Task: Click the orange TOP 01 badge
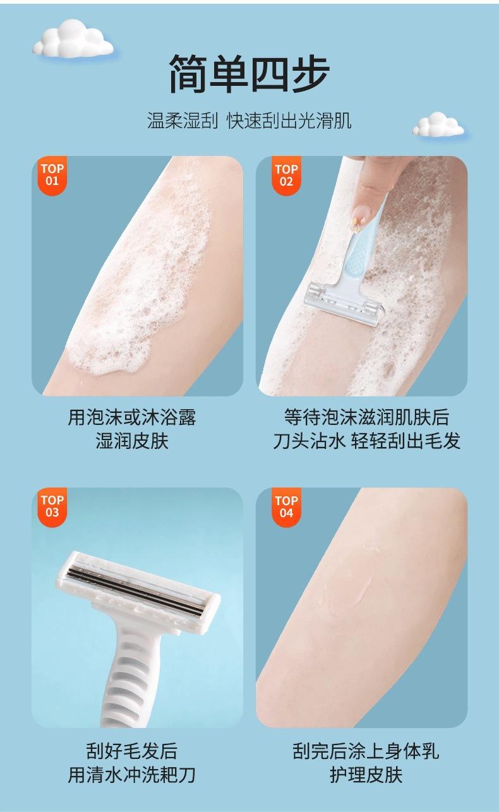[52, 176]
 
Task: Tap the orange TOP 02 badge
[287, 176]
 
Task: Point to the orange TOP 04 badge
[287, 507]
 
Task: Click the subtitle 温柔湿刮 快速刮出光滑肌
[249, 121]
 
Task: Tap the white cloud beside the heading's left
[73, 39]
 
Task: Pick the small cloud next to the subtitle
[438, 124]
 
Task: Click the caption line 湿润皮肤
[132, 441]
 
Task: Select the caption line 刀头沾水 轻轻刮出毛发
[366, 441]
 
